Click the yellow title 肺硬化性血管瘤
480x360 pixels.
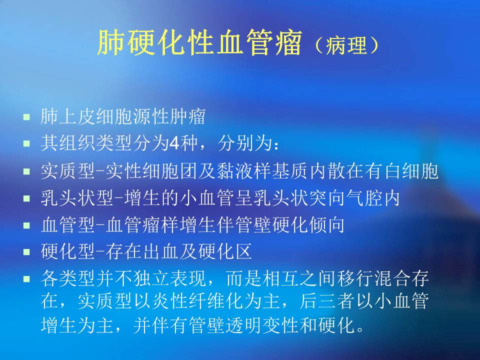(x=200, y=43)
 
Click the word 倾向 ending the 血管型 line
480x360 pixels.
(x=330, y=225)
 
